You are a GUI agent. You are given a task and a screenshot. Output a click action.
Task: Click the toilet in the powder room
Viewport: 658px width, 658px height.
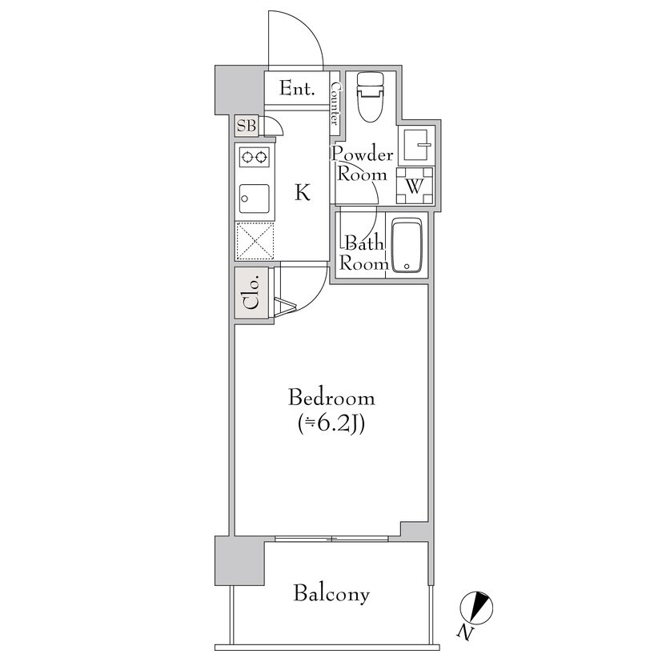coord(370,98)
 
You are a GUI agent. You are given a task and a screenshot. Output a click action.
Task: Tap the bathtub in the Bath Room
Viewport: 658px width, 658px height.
coord(406,247)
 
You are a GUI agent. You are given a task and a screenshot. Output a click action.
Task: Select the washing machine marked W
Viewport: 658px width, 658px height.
coord(415,185)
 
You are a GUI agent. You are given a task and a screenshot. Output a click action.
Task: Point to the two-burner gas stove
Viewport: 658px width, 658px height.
coord(255,157)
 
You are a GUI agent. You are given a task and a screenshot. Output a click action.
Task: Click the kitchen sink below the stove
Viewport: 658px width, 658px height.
coord(255,199)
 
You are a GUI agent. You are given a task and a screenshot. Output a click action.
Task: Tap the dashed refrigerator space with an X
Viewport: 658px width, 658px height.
coord(255,241)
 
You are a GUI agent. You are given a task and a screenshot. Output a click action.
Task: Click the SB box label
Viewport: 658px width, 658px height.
coord(247,126)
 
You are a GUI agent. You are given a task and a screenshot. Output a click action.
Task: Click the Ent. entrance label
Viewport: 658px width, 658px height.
coord(297,89)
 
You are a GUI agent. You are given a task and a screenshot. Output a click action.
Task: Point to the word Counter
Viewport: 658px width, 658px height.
coord(335,103)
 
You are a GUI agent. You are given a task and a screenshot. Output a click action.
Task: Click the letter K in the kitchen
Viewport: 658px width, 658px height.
coord(303,193)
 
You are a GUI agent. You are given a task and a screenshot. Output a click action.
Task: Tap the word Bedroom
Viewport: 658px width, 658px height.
coord(331,397)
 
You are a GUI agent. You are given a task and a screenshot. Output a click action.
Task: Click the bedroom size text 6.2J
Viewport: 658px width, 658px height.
coord(331,425)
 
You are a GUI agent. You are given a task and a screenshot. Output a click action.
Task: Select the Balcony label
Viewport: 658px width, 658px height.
coord(331,594)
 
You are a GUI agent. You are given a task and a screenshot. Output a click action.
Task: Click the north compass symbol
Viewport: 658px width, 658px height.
coord(476,608)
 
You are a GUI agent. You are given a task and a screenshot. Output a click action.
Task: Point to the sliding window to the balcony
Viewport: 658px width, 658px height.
coord(331,538)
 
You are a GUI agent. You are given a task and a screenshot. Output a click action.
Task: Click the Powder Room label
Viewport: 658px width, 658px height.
coord(362,164)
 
